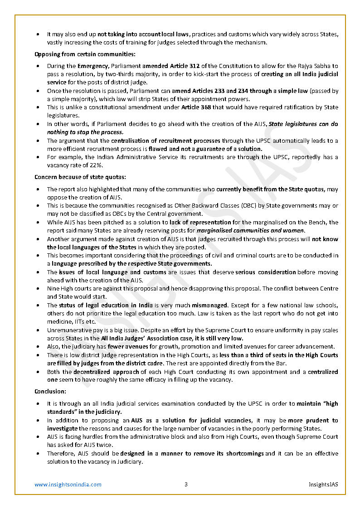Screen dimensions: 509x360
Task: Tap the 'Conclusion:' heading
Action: pyautogui.click(x=50, y=391)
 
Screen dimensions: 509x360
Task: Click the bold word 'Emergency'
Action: pyautogui.click(x=92, y=66)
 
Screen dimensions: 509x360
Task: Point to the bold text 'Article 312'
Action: pyautogui.click(x=185, y=66)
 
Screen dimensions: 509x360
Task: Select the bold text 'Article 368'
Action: pyautogui.click(x=197, y=107)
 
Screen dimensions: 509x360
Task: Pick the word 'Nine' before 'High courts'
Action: pyautogui.click(x=54, y=289)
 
